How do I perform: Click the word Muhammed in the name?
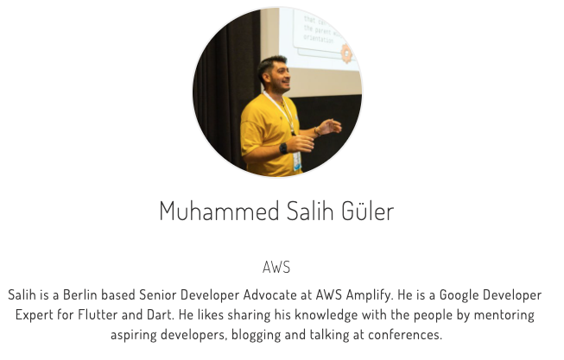219,212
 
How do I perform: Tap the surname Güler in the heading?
368,211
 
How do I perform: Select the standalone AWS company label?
276,268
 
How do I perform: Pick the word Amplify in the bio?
370,296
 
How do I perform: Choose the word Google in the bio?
459,296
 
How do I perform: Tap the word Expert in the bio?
35,315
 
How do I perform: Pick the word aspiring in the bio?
134,336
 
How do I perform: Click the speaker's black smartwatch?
283,148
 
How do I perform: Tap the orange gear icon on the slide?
346,54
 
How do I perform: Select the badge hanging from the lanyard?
297,161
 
